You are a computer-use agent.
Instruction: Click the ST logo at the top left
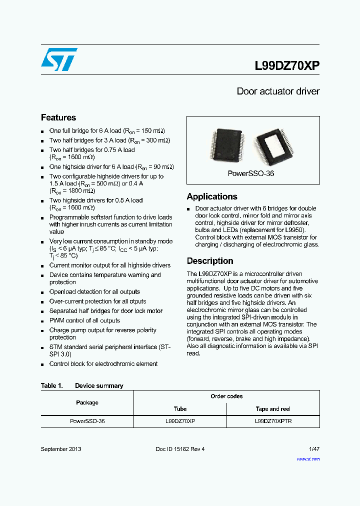pyautogui.click(x=59, y=59)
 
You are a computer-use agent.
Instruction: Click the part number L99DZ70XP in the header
pyautogui.click(x=287, y=66)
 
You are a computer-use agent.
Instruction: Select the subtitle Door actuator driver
pyautogui.click(x=278, y=91)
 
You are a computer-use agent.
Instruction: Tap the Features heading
pyautogui.click(x=58, y=117)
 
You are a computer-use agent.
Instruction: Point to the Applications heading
pyautogui.click(x=212, y=196)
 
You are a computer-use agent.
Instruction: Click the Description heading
pyautogui.click(x=210, y=261)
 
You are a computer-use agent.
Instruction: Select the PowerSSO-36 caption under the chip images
pyautogui.click(x=251, y=173)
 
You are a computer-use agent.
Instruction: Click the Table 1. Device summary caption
pyautogui.click(x=82, y=385)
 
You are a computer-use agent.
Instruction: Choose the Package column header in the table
pyautogui.click(x=87, y=402)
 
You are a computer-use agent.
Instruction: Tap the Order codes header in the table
pyautogui.click(x=226, y=396)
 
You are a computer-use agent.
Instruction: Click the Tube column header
pyautogui.click(x=180, y=409)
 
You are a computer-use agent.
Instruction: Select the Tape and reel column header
pyautogui.click(x=273, y=409)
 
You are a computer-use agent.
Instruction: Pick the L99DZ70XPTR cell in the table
pyautogui.click(x=273, y=421)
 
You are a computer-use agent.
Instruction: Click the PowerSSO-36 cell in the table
pyautogui.click(x=87, y=421)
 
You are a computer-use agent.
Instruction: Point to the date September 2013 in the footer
pyautogui.click(x=61, y=449)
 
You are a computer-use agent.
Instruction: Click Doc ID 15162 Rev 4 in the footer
pyautogui.click(x=180, y=449)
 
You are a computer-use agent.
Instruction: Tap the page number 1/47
pyautogui.click(x=314, y=449)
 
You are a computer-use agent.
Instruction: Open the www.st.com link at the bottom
pyautogui.click(x=308, y=459)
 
